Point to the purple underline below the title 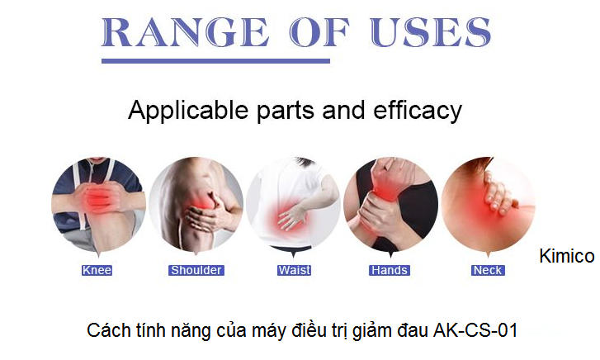click(x=215, y=60)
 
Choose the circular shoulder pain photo click(x=196, y=206)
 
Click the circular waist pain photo click(x=293, y=206)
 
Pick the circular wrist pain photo click(x=390, y=206)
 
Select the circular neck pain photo click(x=489, y=206)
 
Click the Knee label click(x=97, y=270)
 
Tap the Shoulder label click(x=196, y=270)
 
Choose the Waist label click(x=294, y=270)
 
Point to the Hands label click(x=390, y=270)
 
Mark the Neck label click(x=488, y=270)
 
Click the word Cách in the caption click(x=106, y=331)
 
